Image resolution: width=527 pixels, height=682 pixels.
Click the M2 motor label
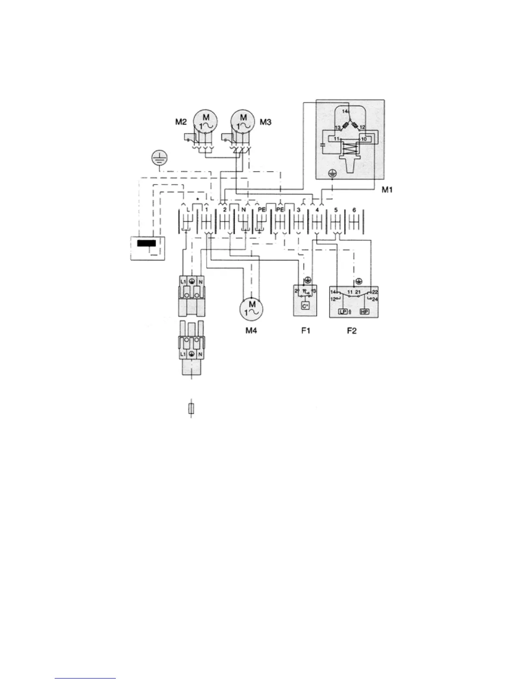coord(181,122)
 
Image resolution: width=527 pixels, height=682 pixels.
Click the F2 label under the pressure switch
coord(352,331)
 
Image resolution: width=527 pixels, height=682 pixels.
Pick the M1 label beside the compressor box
coord(387,189)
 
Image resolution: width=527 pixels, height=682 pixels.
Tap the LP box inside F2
coord(343,311)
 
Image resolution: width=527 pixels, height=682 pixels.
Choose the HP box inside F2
coord(364,311)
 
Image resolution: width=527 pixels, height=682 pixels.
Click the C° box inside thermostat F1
coord(305,307)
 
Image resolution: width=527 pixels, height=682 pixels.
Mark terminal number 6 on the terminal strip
coord(354,210)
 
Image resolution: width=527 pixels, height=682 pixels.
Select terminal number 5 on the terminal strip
coord(335,210)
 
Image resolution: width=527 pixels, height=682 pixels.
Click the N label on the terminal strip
coord(243,210)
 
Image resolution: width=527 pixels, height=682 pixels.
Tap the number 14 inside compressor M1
coord(345,111)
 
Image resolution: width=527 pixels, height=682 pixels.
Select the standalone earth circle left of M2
coord(160,159)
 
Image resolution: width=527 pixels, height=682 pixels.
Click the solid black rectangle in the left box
coord(146,243)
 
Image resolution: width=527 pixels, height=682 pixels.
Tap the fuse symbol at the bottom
coord(191,409)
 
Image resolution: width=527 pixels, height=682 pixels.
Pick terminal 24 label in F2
coord(375,299)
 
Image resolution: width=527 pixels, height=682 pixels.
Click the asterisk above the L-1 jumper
coord(197,199)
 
